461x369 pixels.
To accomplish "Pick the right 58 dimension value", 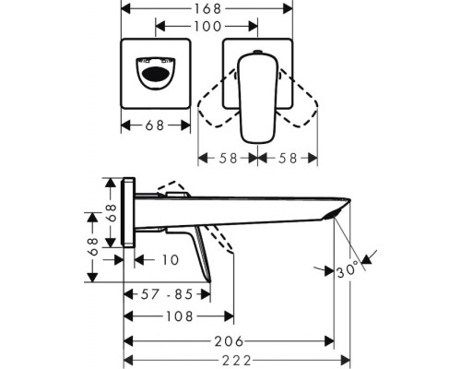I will coord(288,157).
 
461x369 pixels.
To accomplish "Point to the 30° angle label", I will coord(349,271).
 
